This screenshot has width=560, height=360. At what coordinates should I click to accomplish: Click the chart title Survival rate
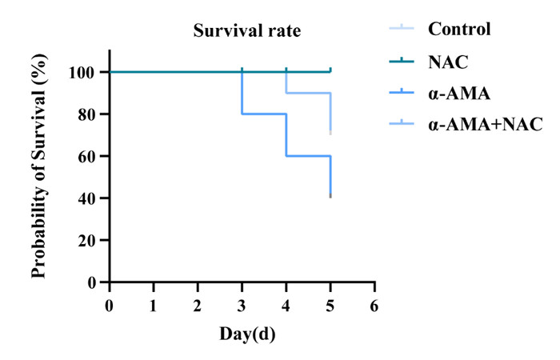coord(246,33)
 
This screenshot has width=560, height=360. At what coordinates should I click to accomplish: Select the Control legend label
coord(459,30)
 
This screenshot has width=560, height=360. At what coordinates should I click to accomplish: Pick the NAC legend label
coord(446,62)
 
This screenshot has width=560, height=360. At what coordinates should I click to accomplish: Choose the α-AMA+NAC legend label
coord(486,124)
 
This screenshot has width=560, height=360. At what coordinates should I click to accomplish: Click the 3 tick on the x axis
coord(242,305)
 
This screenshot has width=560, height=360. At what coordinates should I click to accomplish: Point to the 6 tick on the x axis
coord(374,305)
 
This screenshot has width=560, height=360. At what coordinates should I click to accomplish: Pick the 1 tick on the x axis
coord(154,305)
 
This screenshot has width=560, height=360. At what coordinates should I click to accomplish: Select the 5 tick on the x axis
coord(330,305)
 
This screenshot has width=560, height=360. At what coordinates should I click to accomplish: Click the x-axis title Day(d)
coord(247,333)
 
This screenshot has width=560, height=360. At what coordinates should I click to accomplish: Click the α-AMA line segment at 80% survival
coord(264,114)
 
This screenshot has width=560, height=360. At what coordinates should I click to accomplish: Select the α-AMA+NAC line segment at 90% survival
coord(308,93)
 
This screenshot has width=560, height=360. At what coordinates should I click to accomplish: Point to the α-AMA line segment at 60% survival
coord(308,156)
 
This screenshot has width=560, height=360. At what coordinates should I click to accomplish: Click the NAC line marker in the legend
coord(399,62)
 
